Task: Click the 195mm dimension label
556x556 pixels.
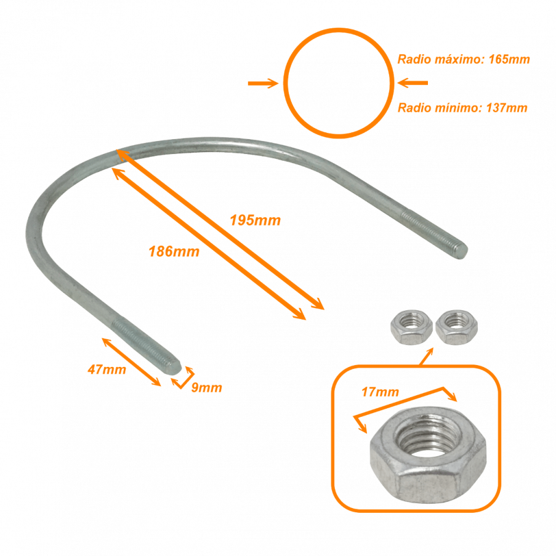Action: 256,220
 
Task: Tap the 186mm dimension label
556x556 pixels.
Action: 174,251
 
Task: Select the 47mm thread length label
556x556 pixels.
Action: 107,369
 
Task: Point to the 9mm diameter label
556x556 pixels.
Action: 207,387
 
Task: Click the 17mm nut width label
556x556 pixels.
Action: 380,392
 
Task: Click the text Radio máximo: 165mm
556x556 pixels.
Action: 464,59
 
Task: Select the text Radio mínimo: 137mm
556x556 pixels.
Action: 462,107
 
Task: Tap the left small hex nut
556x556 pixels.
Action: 412,327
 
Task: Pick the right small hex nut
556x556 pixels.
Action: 457,327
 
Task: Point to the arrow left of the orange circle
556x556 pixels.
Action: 263,83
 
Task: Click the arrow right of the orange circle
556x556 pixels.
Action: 413,83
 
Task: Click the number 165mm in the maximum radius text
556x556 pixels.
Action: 509,59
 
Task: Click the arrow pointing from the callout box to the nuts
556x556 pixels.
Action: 426,357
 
